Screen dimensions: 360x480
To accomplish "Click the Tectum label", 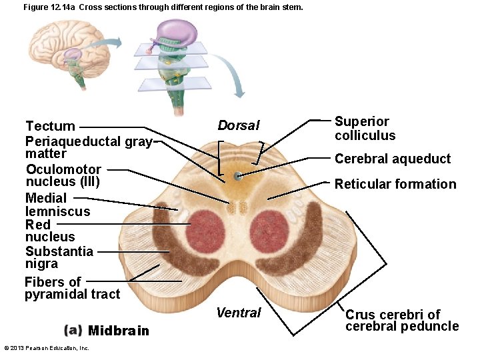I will [x=50, y=126].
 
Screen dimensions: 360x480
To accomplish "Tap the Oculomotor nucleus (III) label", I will [x=63, y=175].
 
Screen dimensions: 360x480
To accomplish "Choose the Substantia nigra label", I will [x=59, y=257].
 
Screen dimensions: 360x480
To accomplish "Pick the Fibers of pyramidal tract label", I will [x=72, y=288].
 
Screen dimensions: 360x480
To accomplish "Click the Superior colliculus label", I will [x=365, y=129].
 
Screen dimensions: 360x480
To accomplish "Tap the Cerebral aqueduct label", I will [x=393, y=159].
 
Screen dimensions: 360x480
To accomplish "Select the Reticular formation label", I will [x=395, y=184].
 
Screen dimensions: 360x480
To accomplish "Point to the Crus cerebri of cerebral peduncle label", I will [x=402, y=321].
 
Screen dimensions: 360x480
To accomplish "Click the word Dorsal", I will [x=238, y=126].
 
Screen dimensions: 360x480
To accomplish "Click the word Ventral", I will [x=239, y=313].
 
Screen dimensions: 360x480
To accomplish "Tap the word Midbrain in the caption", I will [x=119, y=331].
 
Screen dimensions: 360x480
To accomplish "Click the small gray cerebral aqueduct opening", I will [x=238, y=176].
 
